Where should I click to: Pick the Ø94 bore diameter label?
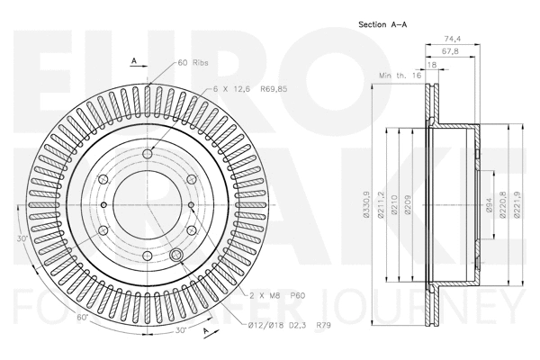pos(489,208)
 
